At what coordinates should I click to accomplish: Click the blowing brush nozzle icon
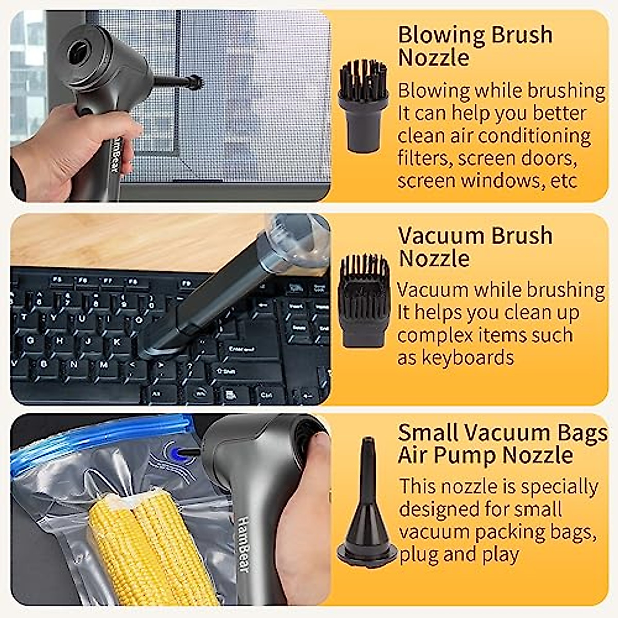click(363, 106)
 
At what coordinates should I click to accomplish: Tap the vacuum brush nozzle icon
click(364, 300)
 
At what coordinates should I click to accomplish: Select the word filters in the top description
click(423, 158)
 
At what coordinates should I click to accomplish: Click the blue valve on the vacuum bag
click(178, 453)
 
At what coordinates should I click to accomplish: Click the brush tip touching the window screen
click(195, 81)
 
